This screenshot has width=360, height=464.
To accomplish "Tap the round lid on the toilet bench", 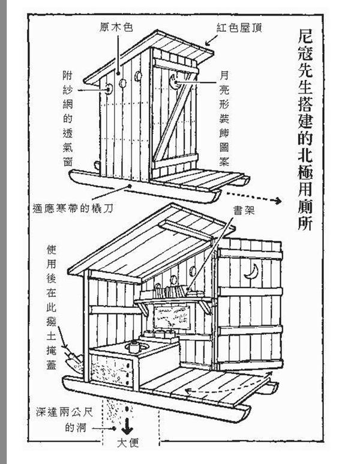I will pos(134,347).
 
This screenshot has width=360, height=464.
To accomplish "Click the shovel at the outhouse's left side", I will pos(74,358).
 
